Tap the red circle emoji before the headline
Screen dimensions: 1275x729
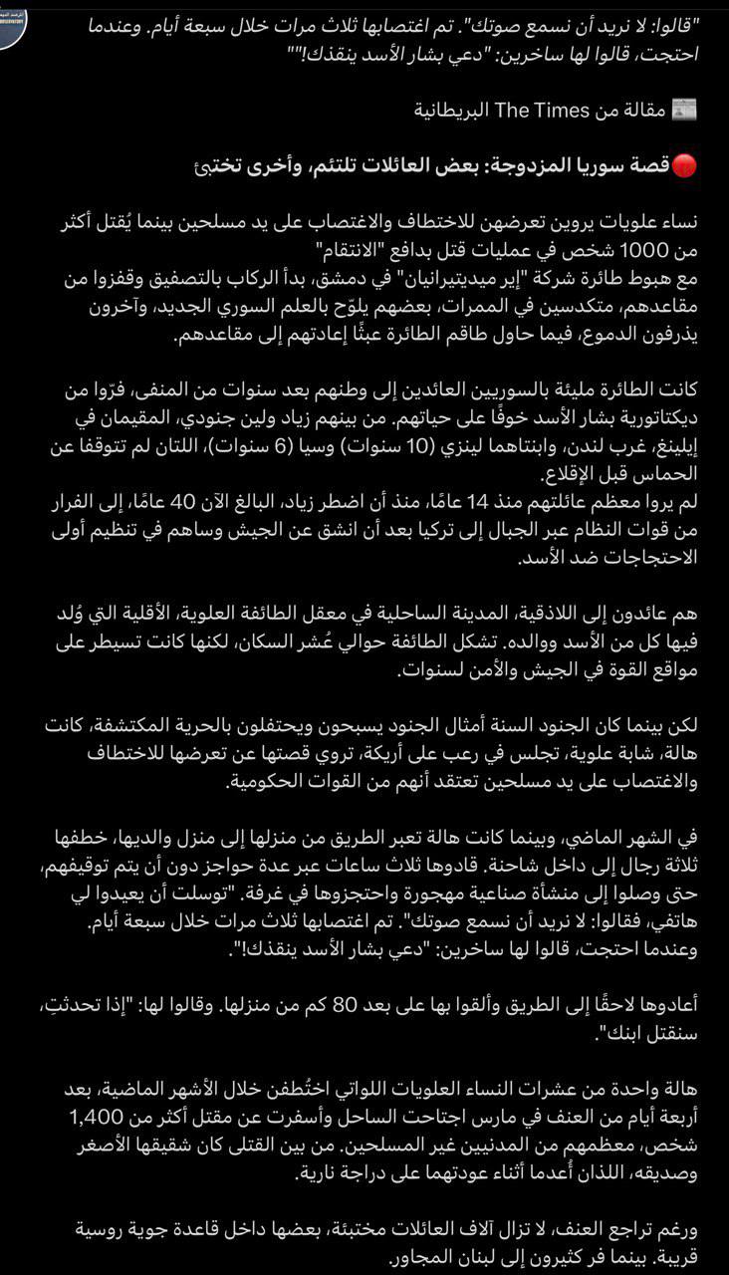point(685,166)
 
